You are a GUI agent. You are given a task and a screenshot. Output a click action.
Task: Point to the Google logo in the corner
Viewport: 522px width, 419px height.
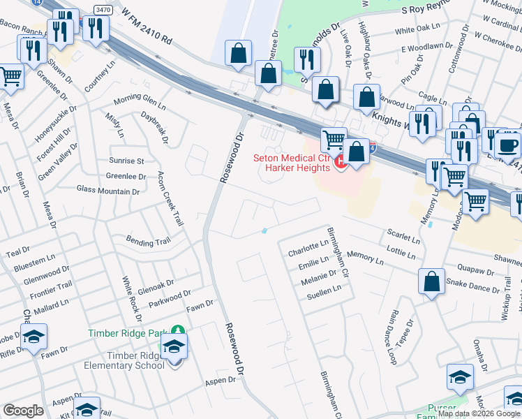coord(23,411)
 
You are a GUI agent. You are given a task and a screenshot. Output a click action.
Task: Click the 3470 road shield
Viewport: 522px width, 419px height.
coord(103,9)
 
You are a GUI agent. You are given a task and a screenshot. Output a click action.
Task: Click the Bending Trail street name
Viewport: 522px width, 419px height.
coord(148,242)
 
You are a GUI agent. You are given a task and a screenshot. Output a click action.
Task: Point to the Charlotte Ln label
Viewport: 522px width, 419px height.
coord(308,247)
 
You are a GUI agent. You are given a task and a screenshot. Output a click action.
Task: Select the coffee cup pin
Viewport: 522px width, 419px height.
coord(507,145)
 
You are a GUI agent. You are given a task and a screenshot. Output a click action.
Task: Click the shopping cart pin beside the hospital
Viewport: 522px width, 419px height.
coord(334,140)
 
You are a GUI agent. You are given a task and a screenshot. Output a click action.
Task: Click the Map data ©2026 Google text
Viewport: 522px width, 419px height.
coord(479,413)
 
